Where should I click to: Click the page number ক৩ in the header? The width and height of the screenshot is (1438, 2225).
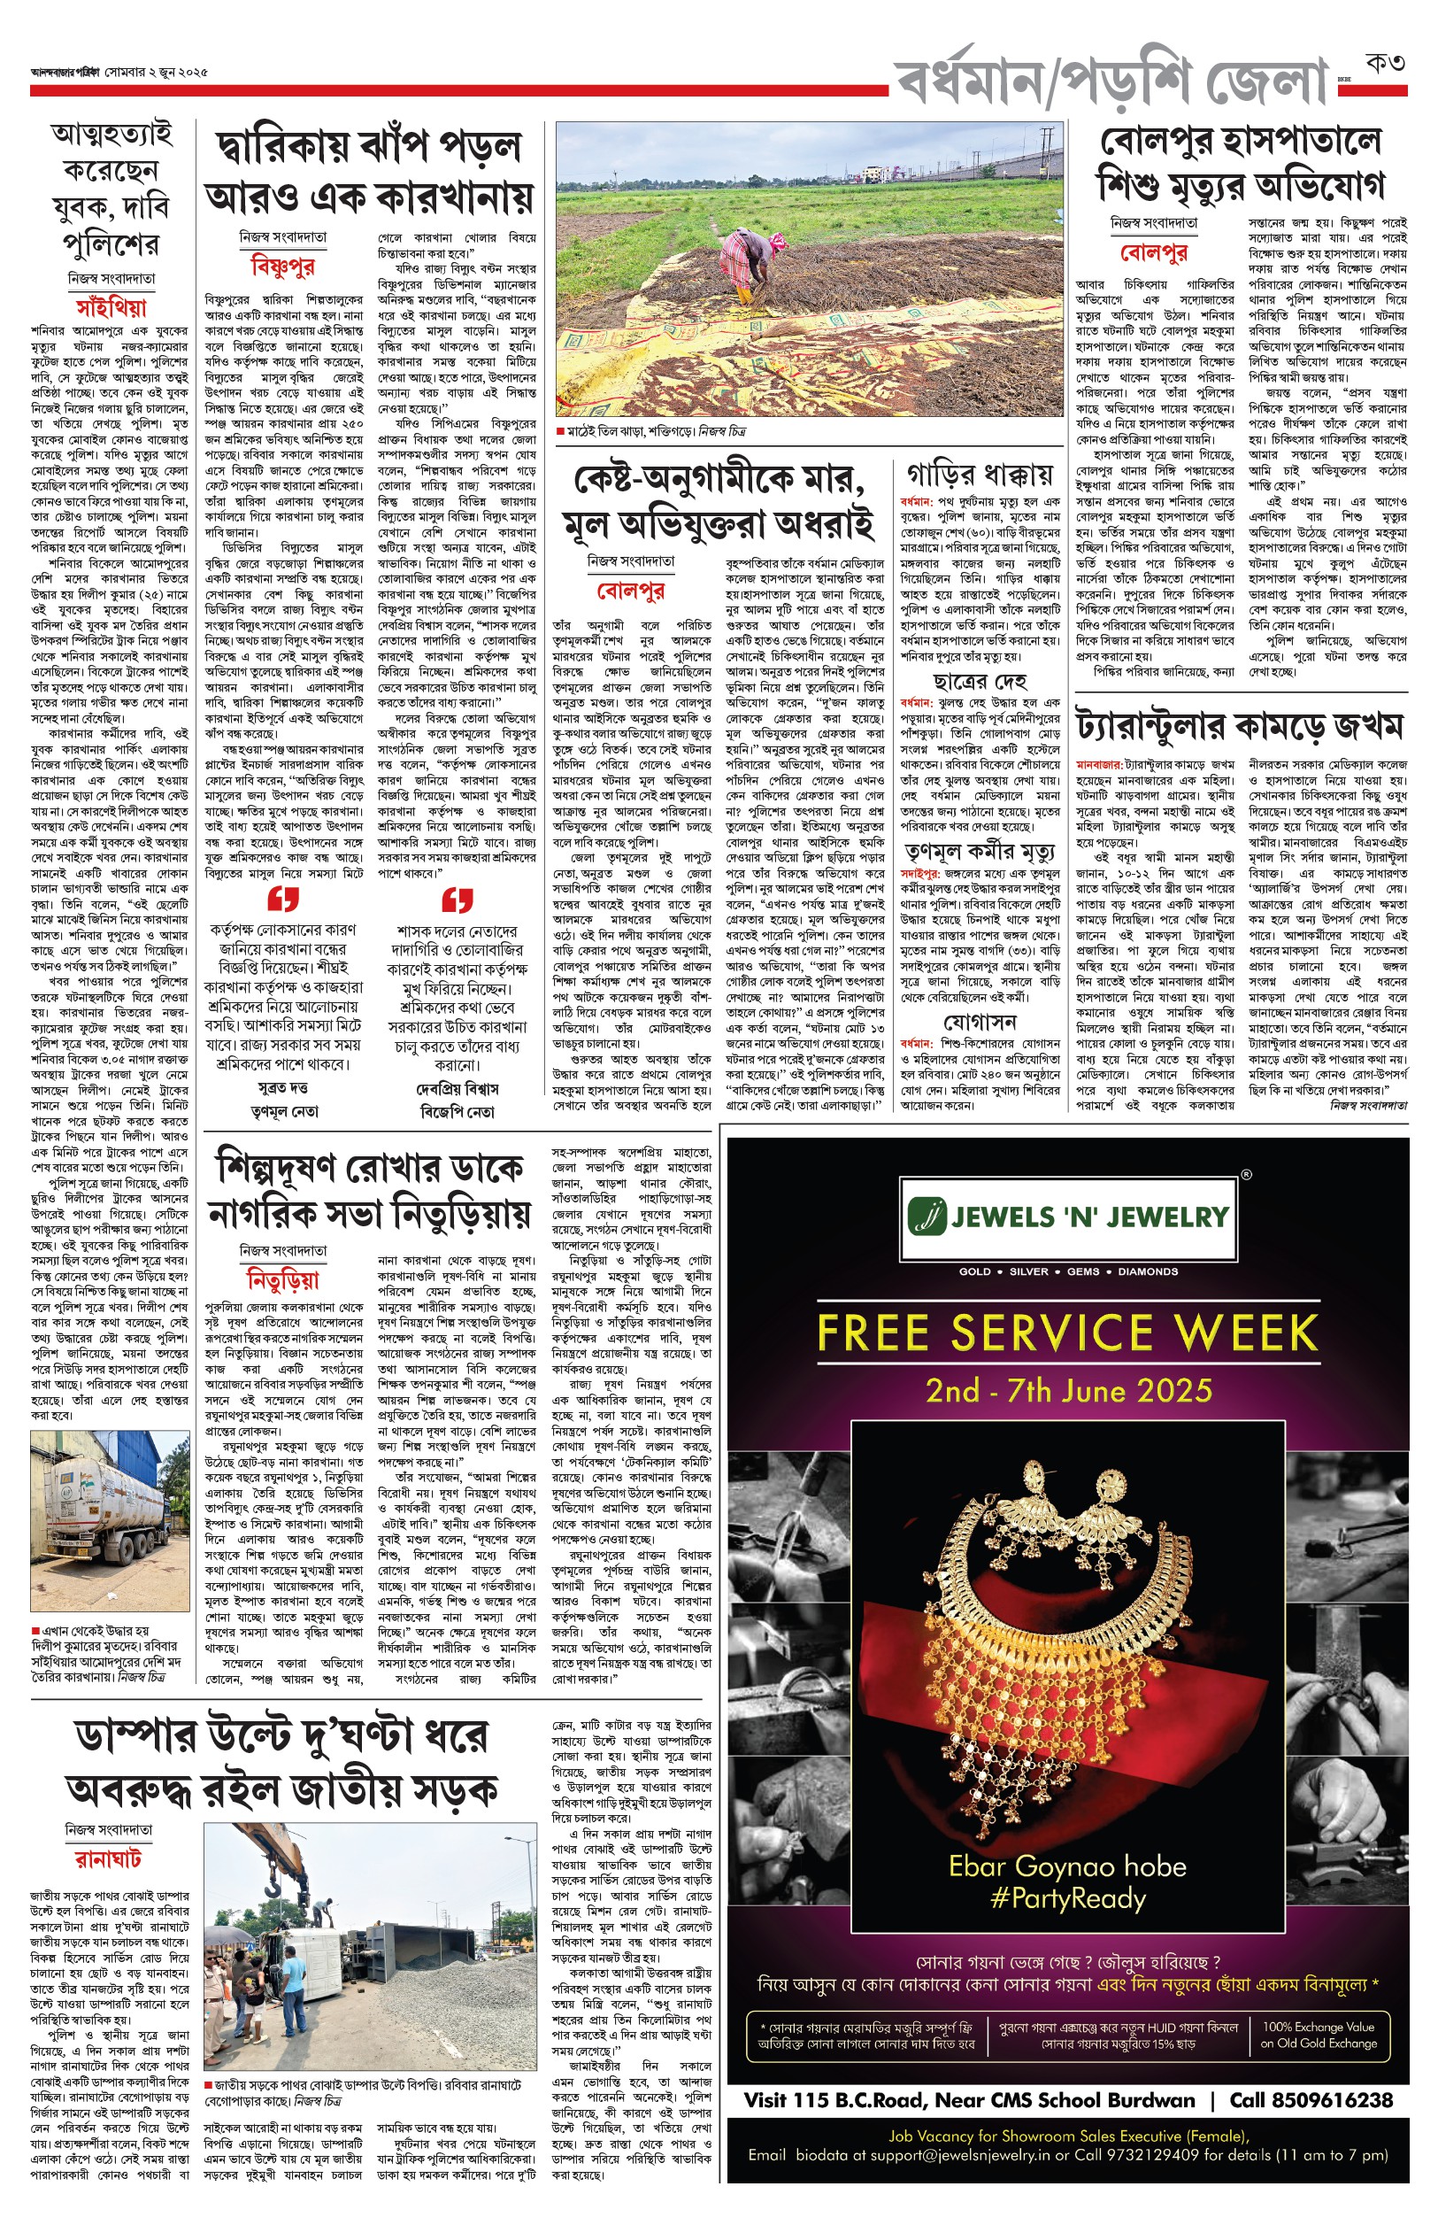coord(1385,64)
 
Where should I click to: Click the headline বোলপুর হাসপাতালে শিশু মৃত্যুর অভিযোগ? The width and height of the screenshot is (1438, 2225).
coord(1241,164)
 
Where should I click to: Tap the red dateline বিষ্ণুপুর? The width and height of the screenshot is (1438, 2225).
coord(283,267)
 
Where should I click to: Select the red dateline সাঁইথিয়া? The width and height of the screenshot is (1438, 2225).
coord(112,306)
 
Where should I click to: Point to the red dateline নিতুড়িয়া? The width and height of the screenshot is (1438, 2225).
coord(283,1279)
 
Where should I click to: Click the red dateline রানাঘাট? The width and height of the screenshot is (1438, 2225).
coord(109,1858)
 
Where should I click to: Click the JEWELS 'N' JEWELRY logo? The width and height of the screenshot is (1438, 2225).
coord(1069,1217)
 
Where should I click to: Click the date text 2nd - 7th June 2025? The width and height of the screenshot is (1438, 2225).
coord(1068,1392)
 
